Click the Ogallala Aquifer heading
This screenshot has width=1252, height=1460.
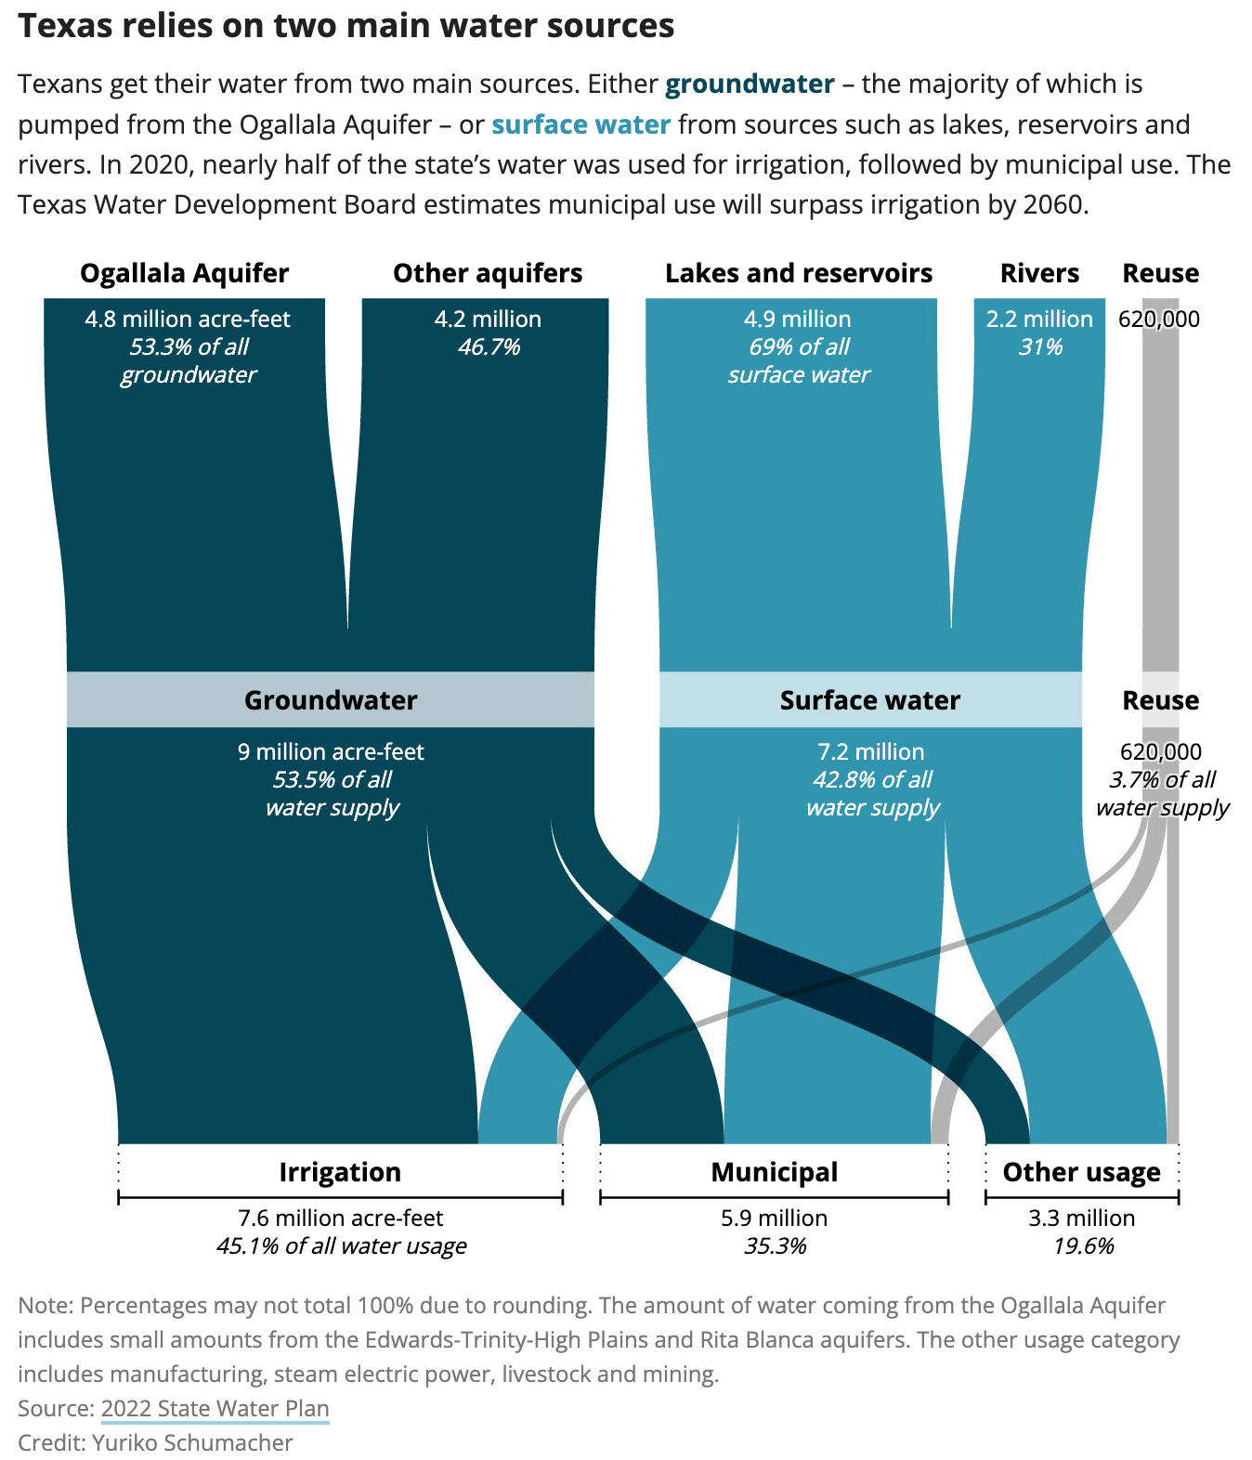185,273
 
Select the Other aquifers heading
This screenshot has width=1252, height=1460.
488,273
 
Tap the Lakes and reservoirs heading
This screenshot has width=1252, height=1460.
799,273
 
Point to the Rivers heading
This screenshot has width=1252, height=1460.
1039,273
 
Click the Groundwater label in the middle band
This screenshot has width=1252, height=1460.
331,700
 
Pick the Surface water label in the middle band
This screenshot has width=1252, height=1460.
869,700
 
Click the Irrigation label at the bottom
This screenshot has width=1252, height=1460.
340,1172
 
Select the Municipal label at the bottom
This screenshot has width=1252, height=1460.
775,1172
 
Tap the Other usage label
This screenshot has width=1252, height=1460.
1081,1172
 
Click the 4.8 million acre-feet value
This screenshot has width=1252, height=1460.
188,319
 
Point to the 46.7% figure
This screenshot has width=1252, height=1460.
489,346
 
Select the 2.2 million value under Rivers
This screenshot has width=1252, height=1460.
1039,319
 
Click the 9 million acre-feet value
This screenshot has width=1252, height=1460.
331,751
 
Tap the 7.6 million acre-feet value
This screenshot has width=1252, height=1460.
341,1218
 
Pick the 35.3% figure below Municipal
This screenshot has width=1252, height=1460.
776,1245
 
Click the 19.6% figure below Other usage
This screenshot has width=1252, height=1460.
1082,1245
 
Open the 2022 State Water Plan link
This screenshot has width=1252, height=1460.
215,1408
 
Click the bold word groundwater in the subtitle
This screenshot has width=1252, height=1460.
750,85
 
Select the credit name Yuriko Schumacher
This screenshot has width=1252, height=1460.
192,1441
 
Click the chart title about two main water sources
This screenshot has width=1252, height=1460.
346,26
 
